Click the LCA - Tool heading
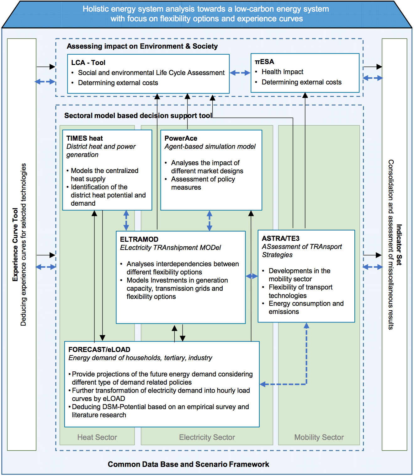point(88,62)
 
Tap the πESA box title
point(264,62)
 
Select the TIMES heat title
point(84,138)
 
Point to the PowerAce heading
point(181,138)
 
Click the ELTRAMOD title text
point(139,239)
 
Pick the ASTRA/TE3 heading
point(280,238)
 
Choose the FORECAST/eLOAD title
point(99,349)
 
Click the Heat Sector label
point(97,437)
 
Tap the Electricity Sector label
point(207,437)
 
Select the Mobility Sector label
point(319,437)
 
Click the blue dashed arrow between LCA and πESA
point(240,73)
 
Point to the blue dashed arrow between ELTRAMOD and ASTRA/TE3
point(252,276)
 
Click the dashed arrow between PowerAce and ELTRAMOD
point(210,221)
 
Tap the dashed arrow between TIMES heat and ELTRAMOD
point(126,220)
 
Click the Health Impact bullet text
point(282,72)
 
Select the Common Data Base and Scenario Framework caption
point(188,464)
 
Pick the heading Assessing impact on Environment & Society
point(142,46)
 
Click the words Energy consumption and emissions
point(306,307)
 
